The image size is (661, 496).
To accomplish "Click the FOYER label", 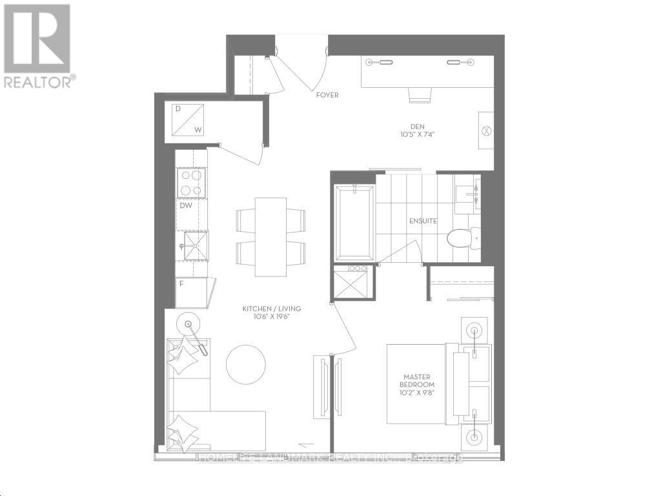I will coord(327,95).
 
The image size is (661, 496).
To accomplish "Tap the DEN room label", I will coord(418,127).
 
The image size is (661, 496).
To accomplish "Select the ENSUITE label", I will coord(423,221).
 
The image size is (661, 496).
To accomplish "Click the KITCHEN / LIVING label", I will coord(271,309).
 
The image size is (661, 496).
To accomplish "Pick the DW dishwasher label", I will coord(186,206).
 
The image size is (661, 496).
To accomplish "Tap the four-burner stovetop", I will coord(191,182).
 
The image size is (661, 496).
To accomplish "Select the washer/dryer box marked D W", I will coord(188,120).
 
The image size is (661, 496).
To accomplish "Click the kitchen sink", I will coord(192,245).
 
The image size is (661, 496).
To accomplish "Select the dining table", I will coord(270,236).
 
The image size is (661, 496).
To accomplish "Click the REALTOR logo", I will coord(37,45).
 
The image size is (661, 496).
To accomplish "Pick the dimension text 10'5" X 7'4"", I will coord(418,135).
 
